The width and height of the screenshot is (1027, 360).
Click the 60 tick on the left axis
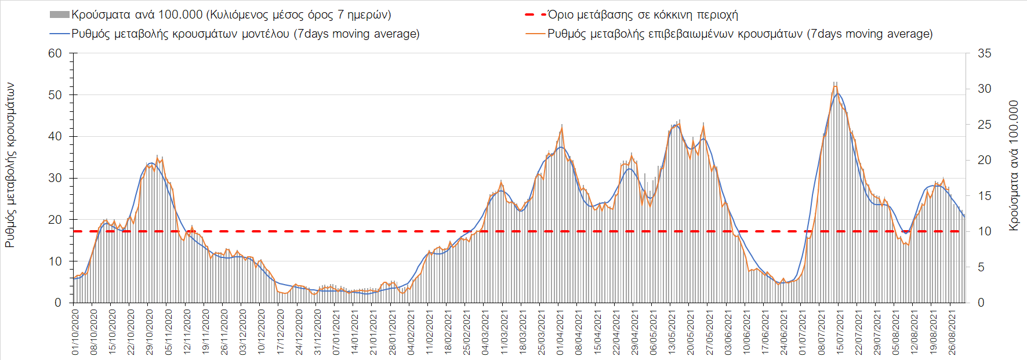click(55, 53)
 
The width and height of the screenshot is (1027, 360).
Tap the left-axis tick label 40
click(55, 136)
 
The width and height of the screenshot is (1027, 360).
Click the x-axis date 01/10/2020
click(75, 332)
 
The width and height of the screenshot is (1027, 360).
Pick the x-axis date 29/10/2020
click(150, 332)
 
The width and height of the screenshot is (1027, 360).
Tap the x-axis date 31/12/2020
click(318, 332)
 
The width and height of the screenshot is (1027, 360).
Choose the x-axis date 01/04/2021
click(560, 332)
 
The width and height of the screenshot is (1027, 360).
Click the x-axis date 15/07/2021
click(840, 332)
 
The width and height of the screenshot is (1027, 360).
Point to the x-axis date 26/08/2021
click(952, 332)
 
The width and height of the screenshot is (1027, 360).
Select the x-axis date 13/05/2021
click(672, 332)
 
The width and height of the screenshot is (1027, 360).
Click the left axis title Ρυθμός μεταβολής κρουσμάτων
click(10, 165)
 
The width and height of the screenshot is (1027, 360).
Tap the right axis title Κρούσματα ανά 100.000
click(1014, 165)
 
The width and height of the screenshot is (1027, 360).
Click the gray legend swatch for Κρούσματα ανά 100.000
click(60, 14)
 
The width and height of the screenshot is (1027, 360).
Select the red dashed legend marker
click(535, 14)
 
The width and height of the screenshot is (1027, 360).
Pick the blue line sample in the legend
click(60, 34)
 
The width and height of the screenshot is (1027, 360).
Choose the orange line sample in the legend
click(535, 34)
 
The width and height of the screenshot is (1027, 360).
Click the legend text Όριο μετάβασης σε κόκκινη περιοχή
click(643, 14)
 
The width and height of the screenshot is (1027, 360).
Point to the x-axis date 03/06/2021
click(728, 332)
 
